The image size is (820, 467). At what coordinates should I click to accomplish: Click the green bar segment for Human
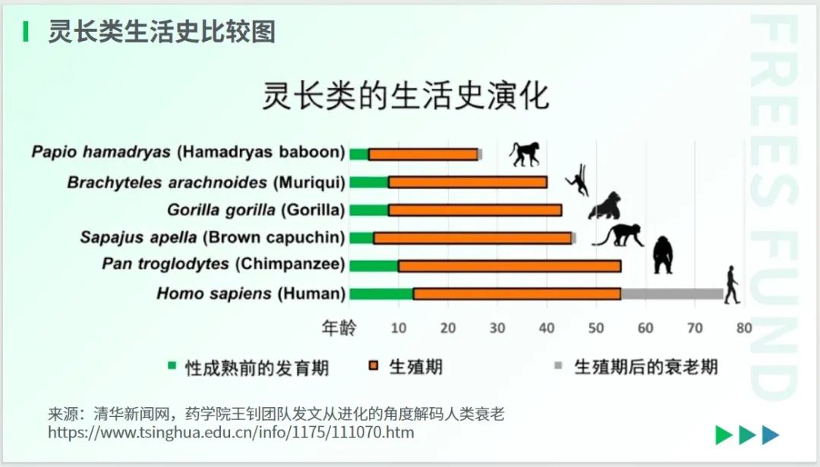pyautogui.click(x=381, y=293)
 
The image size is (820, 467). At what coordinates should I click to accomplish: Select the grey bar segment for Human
pyautogui.click(x=672, y=293)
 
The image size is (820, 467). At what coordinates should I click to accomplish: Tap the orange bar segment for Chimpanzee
pyautogui.click(x=509, y=266)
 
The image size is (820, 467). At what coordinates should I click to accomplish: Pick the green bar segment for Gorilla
pyautogui.click(x=369, y=210)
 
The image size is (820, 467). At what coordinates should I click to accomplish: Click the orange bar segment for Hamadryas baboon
pyautogui.click(x=423, y=154)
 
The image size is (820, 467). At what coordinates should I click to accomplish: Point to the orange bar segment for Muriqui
pyautogui.click(x=468, y=182)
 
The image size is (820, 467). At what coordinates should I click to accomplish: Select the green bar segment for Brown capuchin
pyautogui.click(x=361, y=238)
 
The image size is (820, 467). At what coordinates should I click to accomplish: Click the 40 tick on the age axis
pyautogui.click(x=547, y=328)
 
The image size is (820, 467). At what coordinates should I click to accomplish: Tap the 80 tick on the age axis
pyautogui.click(x=743, y=328)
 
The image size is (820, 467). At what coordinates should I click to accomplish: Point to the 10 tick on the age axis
pyautogui.click(x=399, y=328)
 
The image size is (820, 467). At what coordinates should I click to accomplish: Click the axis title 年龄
pyautogui.click(x=339, y=328)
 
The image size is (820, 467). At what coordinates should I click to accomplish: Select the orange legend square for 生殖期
pyautogui.click(x=374, y=365)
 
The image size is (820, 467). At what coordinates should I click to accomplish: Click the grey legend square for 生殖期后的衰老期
pyautogui.click(x=558, y=365)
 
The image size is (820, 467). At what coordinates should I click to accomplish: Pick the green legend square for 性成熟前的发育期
pyautogui.click(x=172, y=365)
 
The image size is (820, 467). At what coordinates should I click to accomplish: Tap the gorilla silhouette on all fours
pyautogui.click(x=605, y=205)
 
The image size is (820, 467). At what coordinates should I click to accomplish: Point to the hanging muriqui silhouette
pyautogui.click(x=578, y=180)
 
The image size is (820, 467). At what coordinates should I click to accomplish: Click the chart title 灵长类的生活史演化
pyautogui.click(x=405, y=95)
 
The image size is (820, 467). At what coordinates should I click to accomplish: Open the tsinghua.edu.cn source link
pyautogui.click(x=231, y=433)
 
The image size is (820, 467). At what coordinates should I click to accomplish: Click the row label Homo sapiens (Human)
pyautogui.click(x=251, y=293)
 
